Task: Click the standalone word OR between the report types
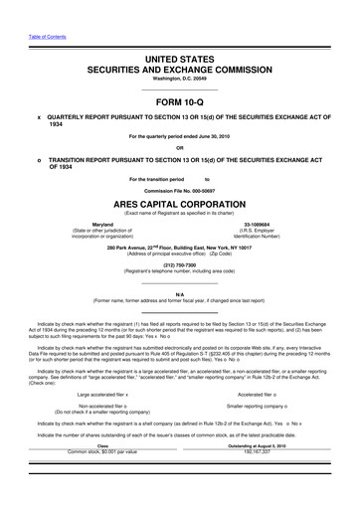pos(180,147)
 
